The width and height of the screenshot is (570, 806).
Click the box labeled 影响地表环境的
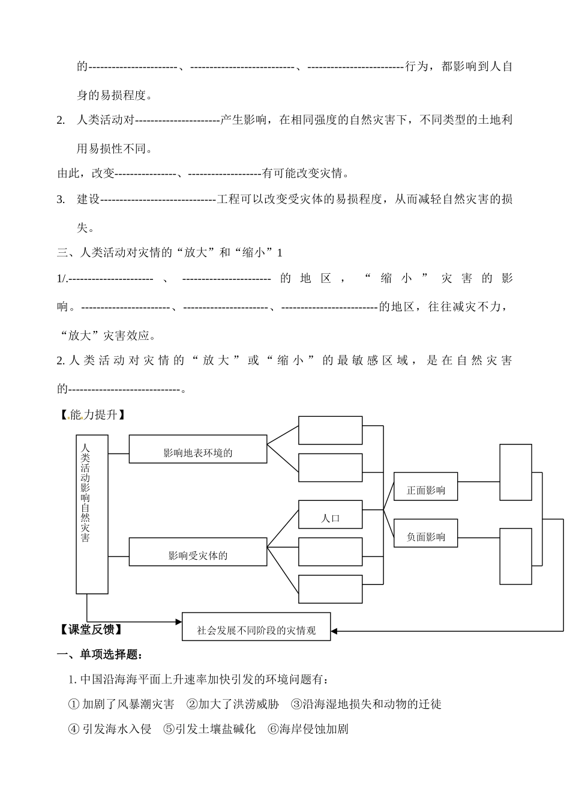[x=197, y=449]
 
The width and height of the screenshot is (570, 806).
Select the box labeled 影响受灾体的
[x=197, y=552]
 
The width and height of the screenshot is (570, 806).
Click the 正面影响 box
[x=425, y=486]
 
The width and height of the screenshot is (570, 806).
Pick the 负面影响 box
[x=425, y=533]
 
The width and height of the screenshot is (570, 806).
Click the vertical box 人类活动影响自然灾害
[x=92, y=514]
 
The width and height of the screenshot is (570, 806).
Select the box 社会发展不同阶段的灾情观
[x=256, y=626]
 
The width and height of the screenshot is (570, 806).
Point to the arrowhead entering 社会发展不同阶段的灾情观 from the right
[x=334, y=631]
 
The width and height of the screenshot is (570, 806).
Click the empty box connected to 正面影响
[x=515, y=472]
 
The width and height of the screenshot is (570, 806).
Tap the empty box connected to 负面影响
[x=515, y=556]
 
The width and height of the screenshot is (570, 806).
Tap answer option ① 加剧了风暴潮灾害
[x=122, y=704]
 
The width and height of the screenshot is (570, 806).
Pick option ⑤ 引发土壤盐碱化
[x=209, y=729]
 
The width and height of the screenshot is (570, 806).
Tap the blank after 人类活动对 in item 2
[x=178, y=120]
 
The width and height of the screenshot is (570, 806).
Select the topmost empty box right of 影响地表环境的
[x=330, y=430]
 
